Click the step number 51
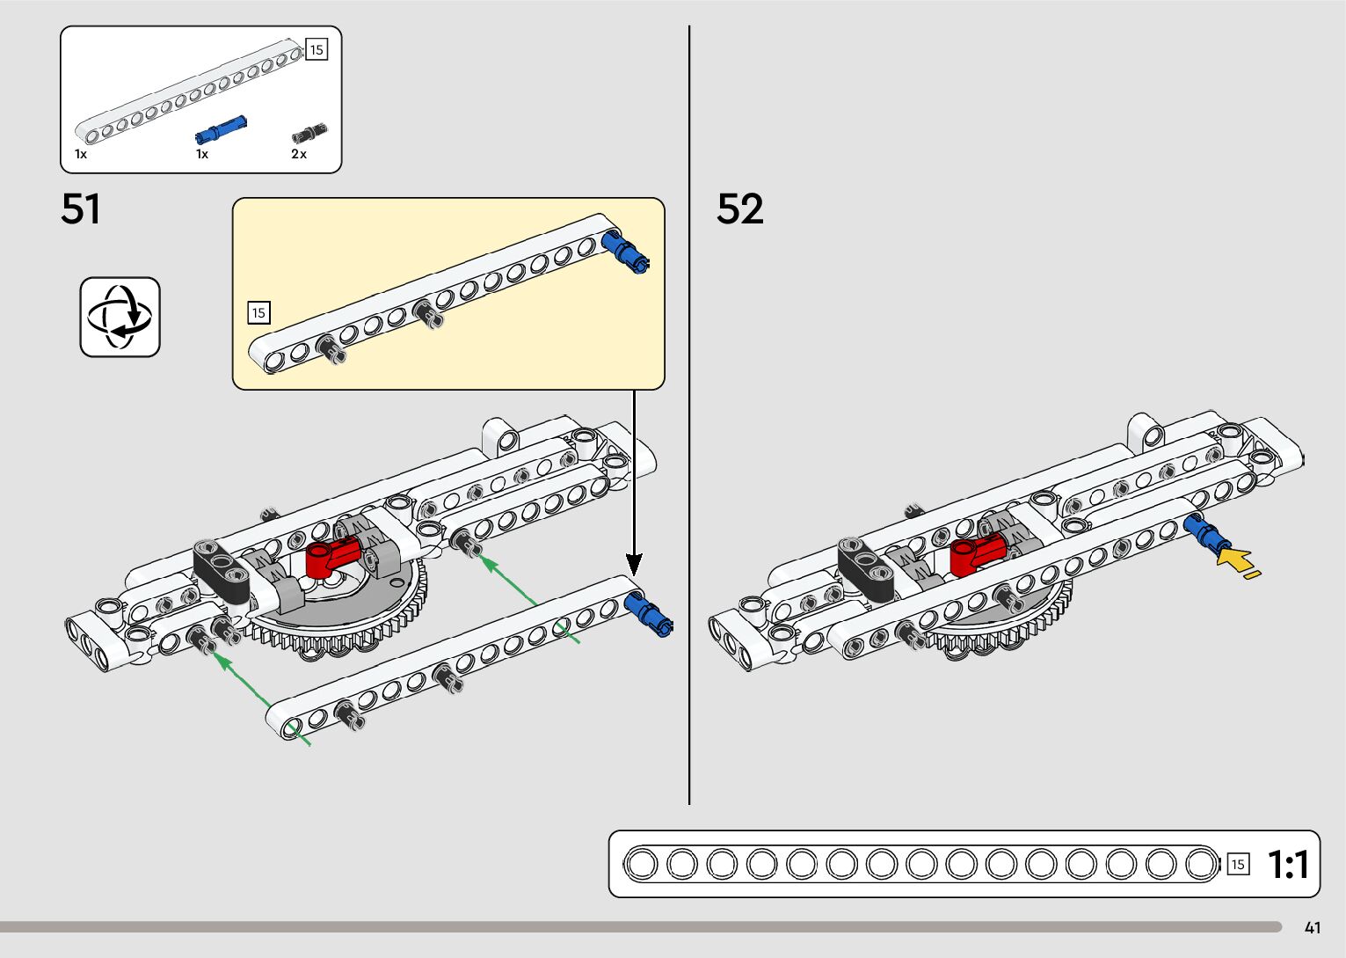81,209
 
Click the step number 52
739,209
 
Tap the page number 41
1313,928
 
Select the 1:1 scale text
1288,865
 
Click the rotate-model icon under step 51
120,317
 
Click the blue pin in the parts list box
220,129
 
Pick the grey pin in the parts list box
309,133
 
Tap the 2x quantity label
299,154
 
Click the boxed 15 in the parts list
316,50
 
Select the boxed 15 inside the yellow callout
258,312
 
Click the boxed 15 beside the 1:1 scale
1238,865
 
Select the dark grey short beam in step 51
222,567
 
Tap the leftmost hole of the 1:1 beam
642,864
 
